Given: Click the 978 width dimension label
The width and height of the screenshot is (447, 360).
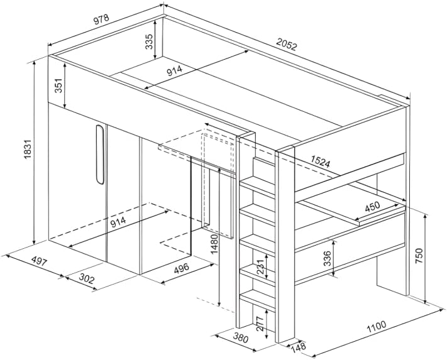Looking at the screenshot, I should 101,19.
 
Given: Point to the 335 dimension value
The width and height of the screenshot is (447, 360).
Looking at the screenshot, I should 149,42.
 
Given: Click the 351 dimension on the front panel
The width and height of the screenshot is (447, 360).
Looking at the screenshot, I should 58,87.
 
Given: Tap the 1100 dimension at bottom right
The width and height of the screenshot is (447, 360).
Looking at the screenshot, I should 375,326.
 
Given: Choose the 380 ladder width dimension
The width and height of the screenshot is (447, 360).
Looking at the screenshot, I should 239,337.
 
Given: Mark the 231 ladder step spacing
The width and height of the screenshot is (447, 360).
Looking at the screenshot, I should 260,269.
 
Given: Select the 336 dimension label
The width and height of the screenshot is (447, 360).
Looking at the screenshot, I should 327,258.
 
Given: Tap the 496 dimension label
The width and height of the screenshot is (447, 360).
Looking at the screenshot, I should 181,268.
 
